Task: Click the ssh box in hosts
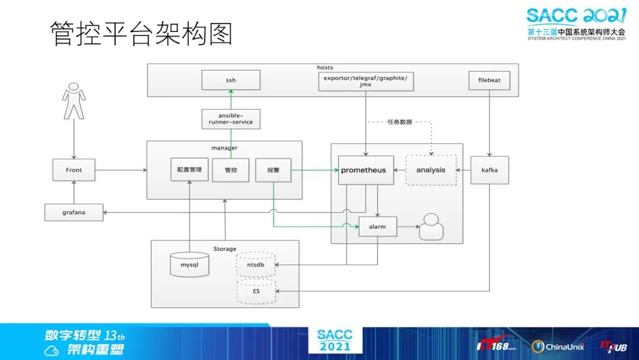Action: click(231, 80)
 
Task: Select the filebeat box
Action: click(489, 80)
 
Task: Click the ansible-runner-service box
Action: click(231, 118)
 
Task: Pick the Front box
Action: click(74, 170)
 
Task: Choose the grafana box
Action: click(74, 212)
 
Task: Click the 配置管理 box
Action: click(189, 170)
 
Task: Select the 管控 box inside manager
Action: click(231, 170)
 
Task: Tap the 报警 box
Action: click(273, 170)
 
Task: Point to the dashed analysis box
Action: click(431, 170)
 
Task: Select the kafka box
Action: click(489, 170)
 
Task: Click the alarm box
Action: click(377, 226)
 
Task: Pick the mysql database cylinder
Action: click(190, 264)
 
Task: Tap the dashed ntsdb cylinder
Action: click(256, 264)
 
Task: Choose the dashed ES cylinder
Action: click(256, 292)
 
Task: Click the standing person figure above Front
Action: click(73, 101)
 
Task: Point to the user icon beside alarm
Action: click(431, 226)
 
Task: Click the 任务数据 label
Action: click(399, 123)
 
